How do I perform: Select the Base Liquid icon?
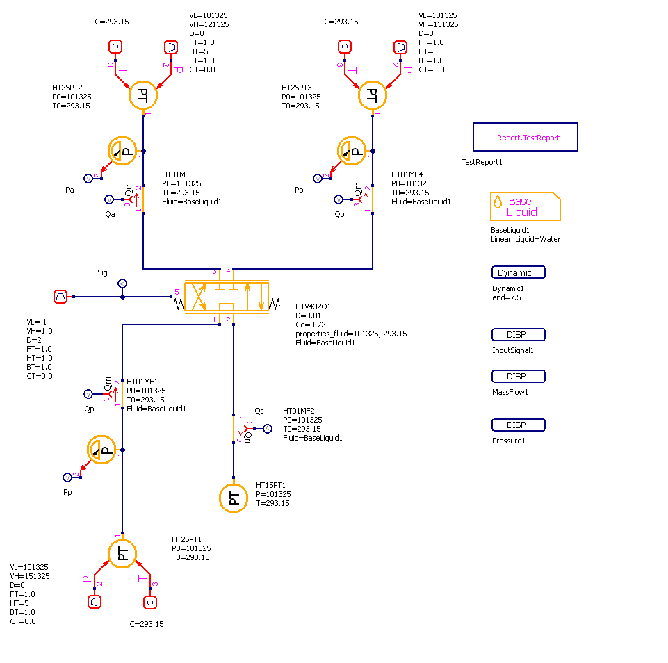point(525,206)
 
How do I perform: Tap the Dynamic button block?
point(518,273)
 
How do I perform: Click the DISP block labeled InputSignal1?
point(518,335)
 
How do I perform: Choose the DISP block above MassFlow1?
point(518,377)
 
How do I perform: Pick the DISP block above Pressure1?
point(518,425)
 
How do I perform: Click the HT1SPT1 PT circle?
point(234,498)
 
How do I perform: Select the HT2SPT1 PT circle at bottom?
point(122,553)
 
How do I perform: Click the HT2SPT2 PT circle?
point(143,95)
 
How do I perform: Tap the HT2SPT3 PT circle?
point(373,95)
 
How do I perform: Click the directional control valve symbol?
point(226,297)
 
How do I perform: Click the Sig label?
point(102,272)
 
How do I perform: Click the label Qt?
point(259,411)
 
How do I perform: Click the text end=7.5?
point(507,297)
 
